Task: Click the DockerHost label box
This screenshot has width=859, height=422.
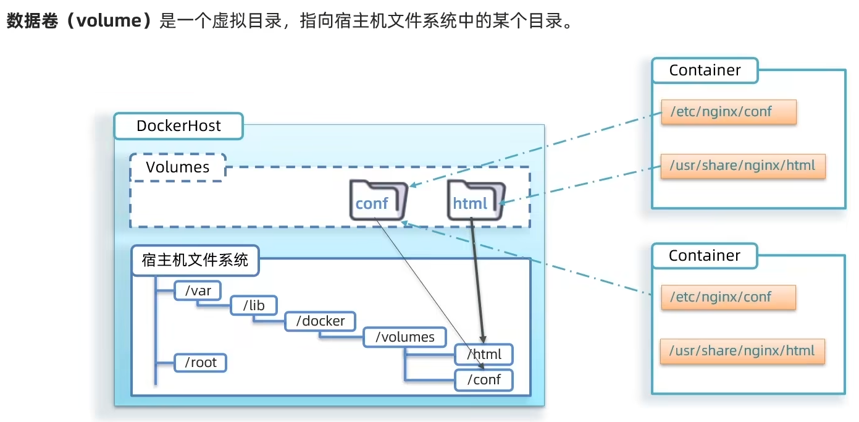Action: click(x=178, y=127)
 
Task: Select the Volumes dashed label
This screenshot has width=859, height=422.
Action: click(x=178, y=167)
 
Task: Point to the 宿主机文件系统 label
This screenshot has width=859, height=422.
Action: click(x=195, y=260)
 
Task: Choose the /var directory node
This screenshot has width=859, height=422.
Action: click(x=198, y=290)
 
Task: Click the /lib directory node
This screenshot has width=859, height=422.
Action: click(x=254, y=305)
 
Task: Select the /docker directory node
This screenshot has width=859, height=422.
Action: click(x=320, y=321)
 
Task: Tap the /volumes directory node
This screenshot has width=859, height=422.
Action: click(x=404, y=337)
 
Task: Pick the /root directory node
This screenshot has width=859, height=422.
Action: click(x=201, y=363)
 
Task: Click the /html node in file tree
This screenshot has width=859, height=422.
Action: click(x=484, y=355)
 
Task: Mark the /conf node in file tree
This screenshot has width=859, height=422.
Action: click(x=484, y=379)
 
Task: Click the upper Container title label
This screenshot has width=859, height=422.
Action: click(x=705, y=70)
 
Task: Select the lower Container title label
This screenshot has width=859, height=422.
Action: click(x=705, y=256)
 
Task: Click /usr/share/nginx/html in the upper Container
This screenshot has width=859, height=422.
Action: click(x=742, y=166)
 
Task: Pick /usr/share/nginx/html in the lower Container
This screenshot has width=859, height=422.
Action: click(x=742, y=351)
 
